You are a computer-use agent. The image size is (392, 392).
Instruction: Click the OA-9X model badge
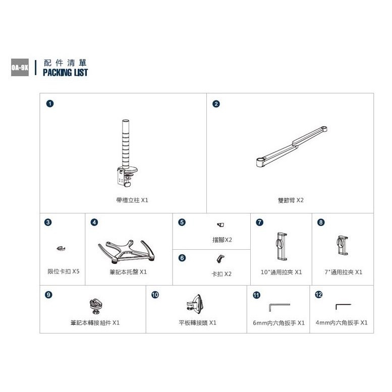(20, 67)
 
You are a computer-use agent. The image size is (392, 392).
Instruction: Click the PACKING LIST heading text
(65, 73)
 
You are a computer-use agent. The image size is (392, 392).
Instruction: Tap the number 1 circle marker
(50, 103)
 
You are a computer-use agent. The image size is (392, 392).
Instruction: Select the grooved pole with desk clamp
(127, 153)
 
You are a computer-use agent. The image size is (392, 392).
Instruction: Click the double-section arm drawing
(292, 146)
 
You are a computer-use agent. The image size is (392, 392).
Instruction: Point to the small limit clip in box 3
(61, 248)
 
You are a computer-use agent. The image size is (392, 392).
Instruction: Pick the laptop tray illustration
(127, 252)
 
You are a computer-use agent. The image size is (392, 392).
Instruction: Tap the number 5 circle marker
(182, 222)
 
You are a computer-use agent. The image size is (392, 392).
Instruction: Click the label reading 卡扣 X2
(221, 274)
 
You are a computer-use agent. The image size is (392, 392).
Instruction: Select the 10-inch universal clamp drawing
(282, 247)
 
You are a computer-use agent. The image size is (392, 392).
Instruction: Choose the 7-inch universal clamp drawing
(342, 245)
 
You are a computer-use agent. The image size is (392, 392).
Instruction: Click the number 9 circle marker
(48, 295)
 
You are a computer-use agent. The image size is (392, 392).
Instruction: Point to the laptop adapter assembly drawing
(95, 306)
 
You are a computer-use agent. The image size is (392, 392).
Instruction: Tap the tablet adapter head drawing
(195, 304)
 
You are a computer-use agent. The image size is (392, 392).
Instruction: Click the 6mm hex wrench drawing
(279, 307)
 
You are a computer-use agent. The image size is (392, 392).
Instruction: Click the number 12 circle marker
(318, 295)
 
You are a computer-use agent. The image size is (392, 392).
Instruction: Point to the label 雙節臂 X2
(291, 200)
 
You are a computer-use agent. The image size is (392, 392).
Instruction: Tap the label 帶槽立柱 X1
(132, 200)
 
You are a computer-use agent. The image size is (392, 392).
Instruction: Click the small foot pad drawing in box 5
(220, 225)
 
